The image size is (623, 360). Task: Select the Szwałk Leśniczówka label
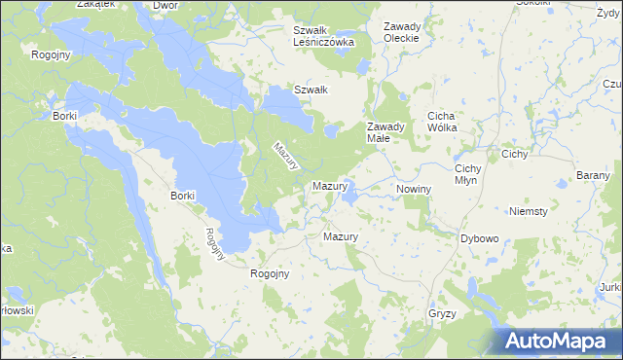click(x=324, y=36)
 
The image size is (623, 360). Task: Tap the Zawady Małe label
click(x=385, y=132)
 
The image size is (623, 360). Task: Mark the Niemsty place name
click(x=529, y=210)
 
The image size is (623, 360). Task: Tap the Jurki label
click(x=611, y=287)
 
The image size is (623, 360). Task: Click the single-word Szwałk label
click(x=311, y=90)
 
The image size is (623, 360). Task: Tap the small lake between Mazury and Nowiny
click(x=350, y=198)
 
